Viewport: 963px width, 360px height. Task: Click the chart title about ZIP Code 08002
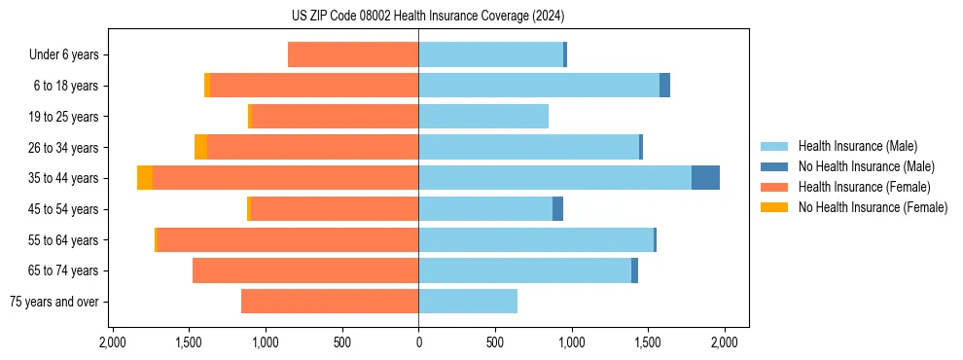pyautogui.click(x=427, y=16)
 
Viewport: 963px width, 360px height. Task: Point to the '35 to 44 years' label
pyautogui.click(x=64, y=178)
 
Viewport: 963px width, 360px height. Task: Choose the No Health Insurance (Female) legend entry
pyautogui.click(x=873, y=207)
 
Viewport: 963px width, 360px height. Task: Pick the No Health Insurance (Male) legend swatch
pyautogui.click(x=774, y=166)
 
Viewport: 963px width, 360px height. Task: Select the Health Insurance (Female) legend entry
pyautogui.click(x=864, y=187)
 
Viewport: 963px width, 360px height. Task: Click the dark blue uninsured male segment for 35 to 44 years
pyautogui.click(x=705, y=178)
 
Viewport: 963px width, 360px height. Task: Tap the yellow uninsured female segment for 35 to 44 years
pyautogui.click(x=145, y=178)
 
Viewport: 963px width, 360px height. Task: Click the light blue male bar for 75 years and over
pyautogui.click(x=468, y=302)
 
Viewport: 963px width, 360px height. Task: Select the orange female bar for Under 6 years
pyautogui.click(x=353, y=55)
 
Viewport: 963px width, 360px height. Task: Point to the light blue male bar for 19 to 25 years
pyautogui.click(x=483, y=117)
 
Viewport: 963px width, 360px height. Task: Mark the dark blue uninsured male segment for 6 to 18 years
pyautogui.click(x=664, y=86)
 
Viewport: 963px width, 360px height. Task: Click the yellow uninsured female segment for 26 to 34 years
pyautogui.click(x=200, y=147)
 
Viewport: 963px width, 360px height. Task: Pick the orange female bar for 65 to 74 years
pyautogui.click(x=305, y=270)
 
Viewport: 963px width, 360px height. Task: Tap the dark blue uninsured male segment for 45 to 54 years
pyautogui.click(x=557, y=209)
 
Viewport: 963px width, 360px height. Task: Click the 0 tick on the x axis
pyautogui.click(x=418, y=342)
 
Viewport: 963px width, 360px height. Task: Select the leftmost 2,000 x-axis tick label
pyautogui.click(x=113, y=342)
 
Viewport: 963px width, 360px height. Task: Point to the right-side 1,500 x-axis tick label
pyautogui.click(x=648, y=342)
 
